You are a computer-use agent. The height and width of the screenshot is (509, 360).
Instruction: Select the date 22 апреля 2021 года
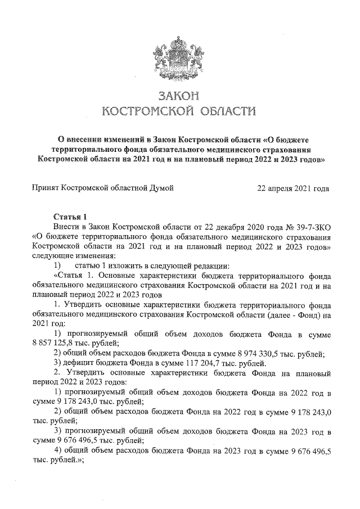[x=293, y=188]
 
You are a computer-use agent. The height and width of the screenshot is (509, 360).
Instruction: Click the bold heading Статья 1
[x=70, y=217]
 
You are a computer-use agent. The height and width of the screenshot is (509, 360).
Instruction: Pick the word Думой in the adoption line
[x=160, y=188]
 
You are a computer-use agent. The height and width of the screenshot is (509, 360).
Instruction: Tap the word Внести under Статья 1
[x=66, y=226]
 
